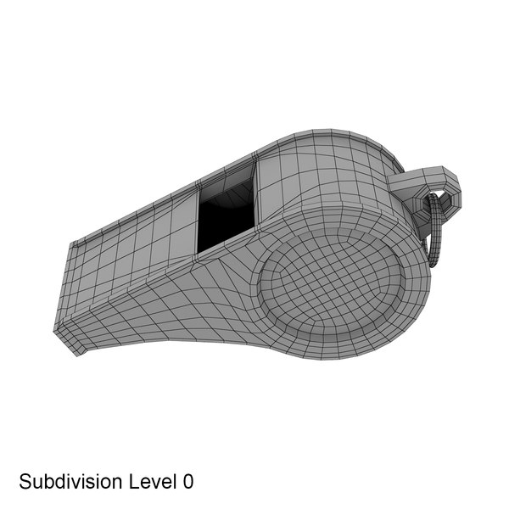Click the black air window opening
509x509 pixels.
222,222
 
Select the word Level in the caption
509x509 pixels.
149,483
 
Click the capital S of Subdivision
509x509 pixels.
25,483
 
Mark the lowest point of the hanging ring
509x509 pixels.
433,265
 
